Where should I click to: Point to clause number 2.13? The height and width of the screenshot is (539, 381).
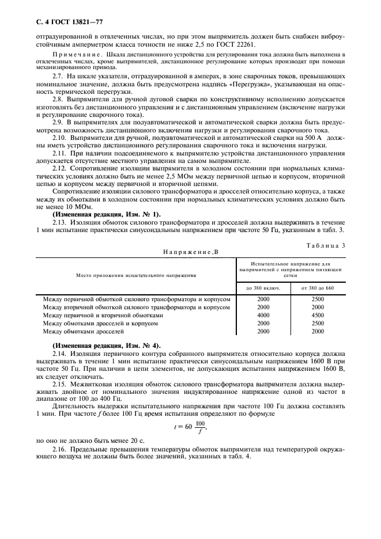pos(60,222)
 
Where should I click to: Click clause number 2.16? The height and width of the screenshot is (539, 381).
pos(60,447)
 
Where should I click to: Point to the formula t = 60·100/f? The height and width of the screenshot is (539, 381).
pos(191,427)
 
